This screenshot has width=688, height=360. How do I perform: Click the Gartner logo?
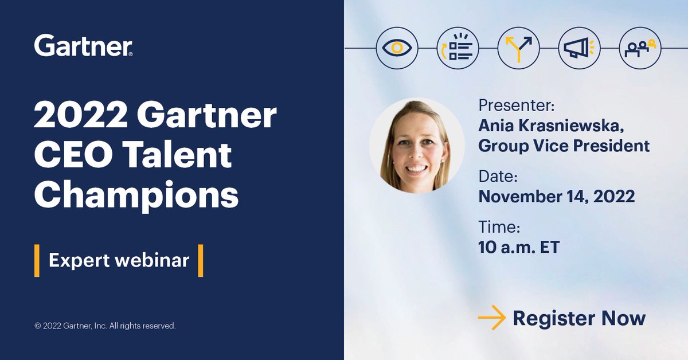click(x=84, y=45)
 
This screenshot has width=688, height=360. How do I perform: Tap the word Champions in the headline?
click(x=136, y=195)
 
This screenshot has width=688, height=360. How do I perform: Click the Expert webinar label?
click(x=119, y=260)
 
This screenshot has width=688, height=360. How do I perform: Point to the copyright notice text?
click(x=105, y=326)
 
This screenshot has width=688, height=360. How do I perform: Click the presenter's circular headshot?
click(x=417, y=145)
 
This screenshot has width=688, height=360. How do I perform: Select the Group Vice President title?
click(x=564, y=146)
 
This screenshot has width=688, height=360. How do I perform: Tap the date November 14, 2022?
click(x=556, y=197)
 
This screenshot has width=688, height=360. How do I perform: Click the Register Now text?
click(x=579, y=318)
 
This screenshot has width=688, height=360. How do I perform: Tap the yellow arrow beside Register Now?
click(x=491, y=319)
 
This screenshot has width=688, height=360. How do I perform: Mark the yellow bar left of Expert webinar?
click(x=37, y=260)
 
